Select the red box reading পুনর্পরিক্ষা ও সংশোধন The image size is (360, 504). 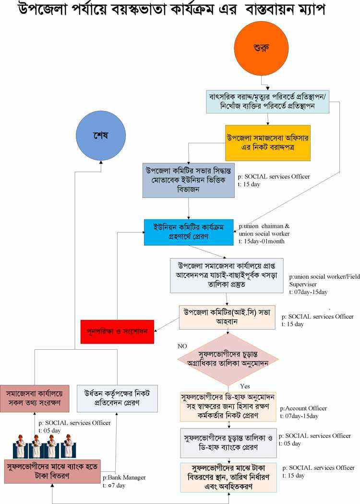(117, 331)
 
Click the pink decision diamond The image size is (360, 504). (228, 359)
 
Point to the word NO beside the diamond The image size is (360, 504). (182, 346)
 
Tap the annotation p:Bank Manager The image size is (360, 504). (124, 478)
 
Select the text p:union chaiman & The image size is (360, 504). (264, 226)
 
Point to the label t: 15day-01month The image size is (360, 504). (262, 241)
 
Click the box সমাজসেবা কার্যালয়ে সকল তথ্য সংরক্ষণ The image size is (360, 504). (35, 398)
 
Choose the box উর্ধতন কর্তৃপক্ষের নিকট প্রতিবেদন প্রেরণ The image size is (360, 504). (117, 398)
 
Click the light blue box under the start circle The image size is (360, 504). (267, 101)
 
